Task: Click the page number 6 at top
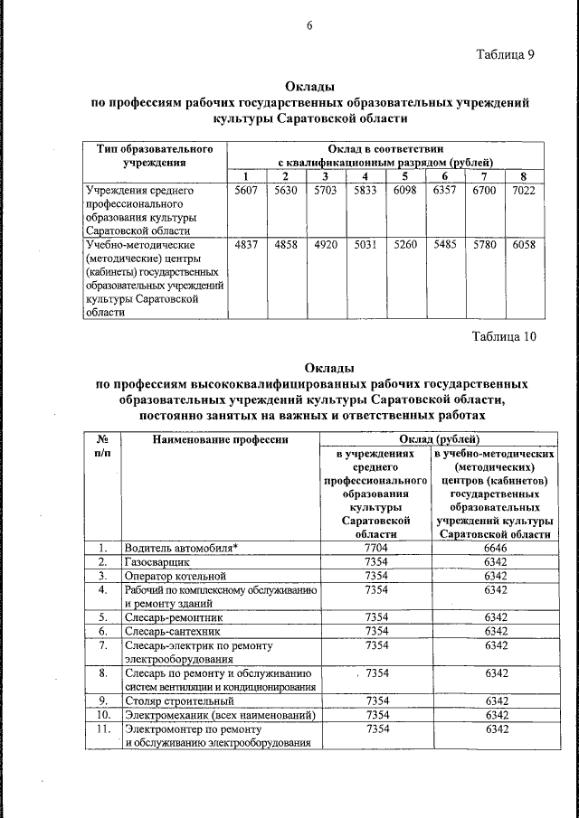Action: (x=308, y=25)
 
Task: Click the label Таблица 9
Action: (x=506, y=55)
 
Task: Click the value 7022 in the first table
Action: (x=524, y=193)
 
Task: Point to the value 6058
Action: (x=524, y=245)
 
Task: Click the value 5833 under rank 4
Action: (x=365, y=193)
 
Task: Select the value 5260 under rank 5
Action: (x=405, y=245)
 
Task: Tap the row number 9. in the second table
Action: (x=103, y=700)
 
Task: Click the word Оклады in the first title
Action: (x=310, y=87)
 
